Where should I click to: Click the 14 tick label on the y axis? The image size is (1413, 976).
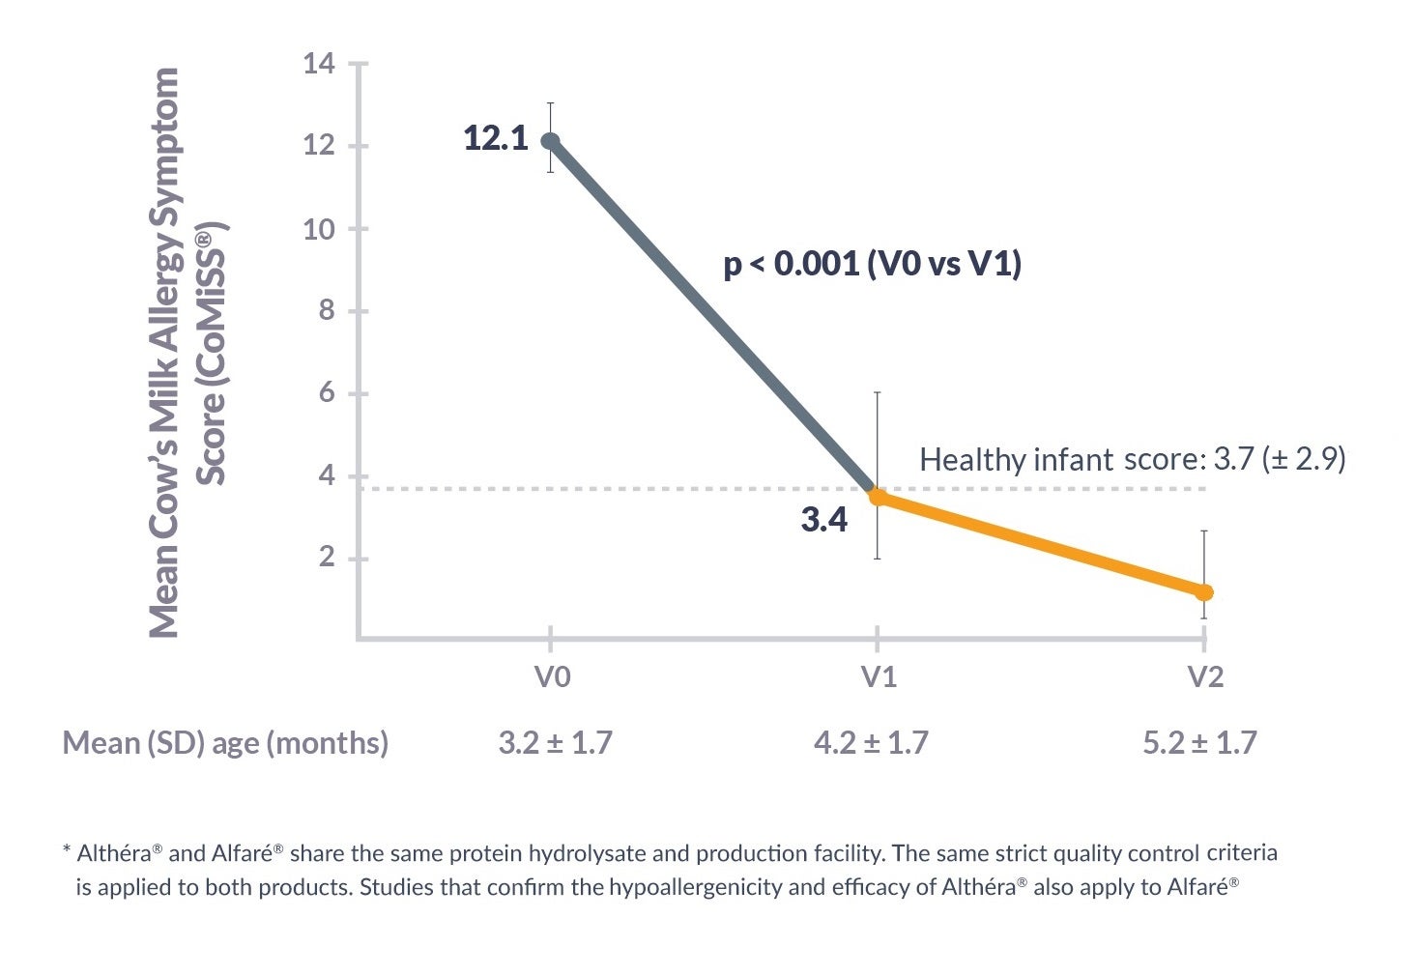[x=319, y=65]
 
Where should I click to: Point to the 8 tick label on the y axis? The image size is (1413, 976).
[x=326, y=311]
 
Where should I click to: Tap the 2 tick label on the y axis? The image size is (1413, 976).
[x=326, y=559]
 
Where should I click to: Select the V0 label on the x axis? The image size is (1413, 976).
[x=552, y=677]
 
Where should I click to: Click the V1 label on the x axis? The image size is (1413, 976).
[x=879, y=677]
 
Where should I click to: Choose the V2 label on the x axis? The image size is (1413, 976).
[x=1204, y=677]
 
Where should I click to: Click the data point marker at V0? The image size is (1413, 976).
[x=550, y=141]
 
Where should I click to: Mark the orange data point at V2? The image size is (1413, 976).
[x=1204, y=592]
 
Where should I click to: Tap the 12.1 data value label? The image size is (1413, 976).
[x=496, y=138]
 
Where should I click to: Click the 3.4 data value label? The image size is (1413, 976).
[x=823, y=521]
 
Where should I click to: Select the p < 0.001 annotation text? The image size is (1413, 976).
[x=872, y=264]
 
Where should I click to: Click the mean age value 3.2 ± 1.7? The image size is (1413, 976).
[x=555, y=743]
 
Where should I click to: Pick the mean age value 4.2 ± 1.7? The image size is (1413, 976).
[x=871, y=743]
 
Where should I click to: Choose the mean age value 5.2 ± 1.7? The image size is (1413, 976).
[x=1199, y=743]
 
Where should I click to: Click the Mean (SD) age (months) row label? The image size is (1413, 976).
[x=225, y=743]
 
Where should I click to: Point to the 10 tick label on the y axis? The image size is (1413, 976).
[x=319, y=229]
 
